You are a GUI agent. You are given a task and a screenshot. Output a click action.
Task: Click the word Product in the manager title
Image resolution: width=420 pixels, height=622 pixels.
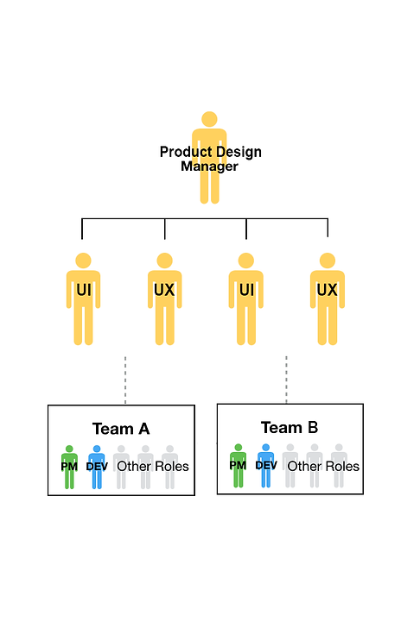click(182, 153)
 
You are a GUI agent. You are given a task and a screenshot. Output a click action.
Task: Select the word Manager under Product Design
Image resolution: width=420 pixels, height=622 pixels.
click(209, 166)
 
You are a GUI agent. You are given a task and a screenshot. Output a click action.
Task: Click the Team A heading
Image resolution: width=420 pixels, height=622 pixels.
click(120, 429)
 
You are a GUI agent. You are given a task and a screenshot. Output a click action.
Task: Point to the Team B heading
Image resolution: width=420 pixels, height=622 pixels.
click(290, 427)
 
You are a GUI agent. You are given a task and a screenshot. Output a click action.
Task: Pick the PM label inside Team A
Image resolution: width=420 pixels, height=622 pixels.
click(69, 467)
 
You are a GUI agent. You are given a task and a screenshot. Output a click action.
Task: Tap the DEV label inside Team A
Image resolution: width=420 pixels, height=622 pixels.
click(97, 467)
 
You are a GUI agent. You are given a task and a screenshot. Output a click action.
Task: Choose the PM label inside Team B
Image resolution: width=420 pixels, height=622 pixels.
click(238, 465)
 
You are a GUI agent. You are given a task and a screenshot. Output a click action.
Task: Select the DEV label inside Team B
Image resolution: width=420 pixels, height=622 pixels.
click(266, 465)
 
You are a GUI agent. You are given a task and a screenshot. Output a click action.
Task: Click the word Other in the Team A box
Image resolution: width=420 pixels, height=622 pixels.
click(134, 467)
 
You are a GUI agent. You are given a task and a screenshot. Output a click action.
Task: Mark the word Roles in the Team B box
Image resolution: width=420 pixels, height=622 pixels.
click(342, 466)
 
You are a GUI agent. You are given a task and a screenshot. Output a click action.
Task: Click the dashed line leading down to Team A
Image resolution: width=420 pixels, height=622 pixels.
click(125, 380)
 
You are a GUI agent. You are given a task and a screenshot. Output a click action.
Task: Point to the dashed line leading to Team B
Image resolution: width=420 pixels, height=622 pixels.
click(286, 380)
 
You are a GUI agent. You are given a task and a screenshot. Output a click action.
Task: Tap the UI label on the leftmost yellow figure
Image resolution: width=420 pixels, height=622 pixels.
click(83, 290)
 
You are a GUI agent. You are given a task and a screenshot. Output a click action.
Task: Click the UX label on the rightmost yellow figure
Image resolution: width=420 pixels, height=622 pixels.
click(327, 290)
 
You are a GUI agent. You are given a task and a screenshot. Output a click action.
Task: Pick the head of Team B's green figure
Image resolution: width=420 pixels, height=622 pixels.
click(238, 449)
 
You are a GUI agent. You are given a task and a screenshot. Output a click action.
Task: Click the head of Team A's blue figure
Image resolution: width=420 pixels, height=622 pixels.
click(97, 450)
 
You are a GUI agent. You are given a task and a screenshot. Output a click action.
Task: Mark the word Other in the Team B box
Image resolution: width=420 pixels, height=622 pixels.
click(304, 466)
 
